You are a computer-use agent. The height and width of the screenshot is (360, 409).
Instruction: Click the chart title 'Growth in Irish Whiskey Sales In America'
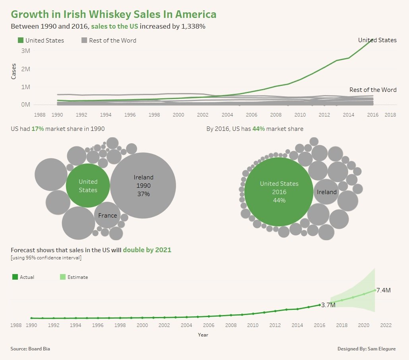click(114, 14)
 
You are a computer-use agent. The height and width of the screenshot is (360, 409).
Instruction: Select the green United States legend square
click(21, 40)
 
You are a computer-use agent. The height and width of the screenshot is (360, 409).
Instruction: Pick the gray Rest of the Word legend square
click(84, 40)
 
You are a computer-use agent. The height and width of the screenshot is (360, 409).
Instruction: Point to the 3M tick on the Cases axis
click(25, 51)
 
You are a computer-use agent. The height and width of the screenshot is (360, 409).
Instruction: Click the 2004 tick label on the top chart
click(227, 115)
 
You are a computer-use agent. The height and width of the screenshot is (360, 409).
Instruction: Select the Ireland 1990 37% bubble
click(143, 185)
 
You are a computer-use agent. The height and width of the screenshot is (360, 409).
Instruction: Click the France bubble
click(107, 215)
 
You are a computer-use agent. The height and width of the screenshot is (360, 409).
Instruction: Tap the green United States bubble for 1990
click(88, 185)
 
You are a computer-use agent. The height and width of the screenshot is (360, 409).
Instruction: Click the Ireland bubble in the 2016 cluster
click(327, 192)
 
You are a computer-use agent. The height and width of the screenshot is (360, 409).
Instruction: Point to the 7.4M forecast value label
click(384, 290)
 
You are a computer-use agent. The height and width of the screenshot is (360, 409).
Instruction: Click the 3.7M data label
click(328, 305)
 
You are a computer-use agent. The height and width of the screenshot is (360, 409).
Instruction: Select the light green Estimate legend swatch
click(62, 277)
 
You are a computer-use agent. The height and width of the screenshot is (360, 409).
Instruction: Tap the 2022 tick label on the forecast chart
click(386, 325)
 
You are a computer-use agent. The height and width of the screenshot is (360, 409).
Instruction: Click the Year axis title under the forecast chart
click(203, 335)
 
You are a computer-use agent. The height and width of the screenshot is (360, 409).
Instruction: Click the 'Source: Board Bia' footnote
click(30, 349)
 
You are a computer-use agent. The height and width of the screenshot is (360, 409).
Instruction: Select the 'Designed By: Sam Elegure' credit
click(366, 349)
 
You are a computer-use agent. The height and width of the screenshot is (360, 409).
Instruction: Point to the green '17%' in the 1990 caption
click(38, 129)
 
